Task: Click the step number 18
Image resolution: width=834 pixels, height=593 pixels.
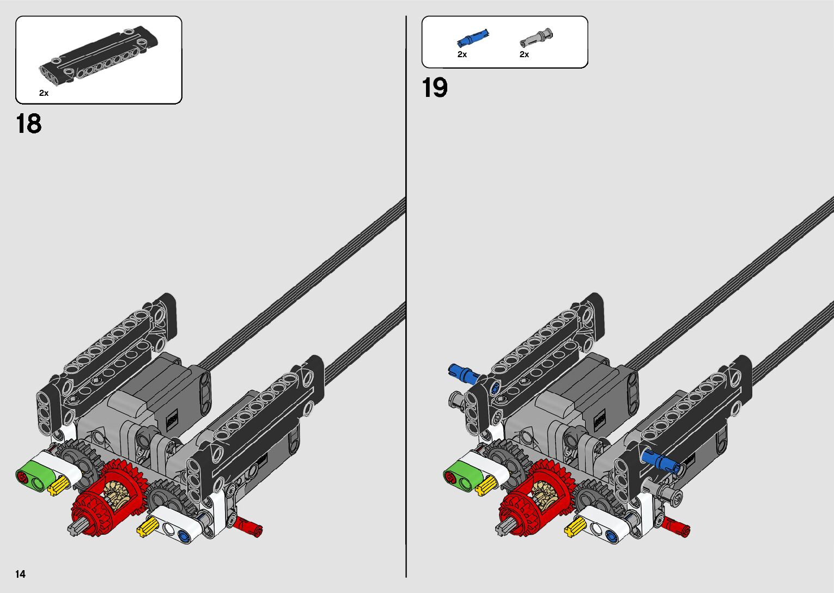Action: pyautogui.click(x=29, y=124)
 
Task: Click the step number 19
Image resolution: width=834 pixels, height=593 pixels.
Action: pyautogui.click(x=435, y=88)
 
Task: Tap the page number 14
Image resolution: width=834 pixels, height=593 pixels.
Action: pyautogui.click(x=21, y=574)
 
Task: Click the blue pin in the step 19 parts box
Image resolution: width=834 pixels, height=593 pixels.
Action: pyautogui.click(x=472, y=39)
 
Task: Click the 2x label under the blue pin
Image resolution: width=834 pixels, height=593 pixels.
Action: pyautogui.click(x=462, y=54)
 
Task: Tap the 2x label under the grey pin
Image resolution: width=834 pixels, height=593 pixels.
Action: pyautogui.click(x=524, y=54)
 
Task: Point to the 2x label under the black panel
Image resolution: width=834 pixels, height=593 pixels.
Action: pyautogui.click(x=44, y=93)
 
